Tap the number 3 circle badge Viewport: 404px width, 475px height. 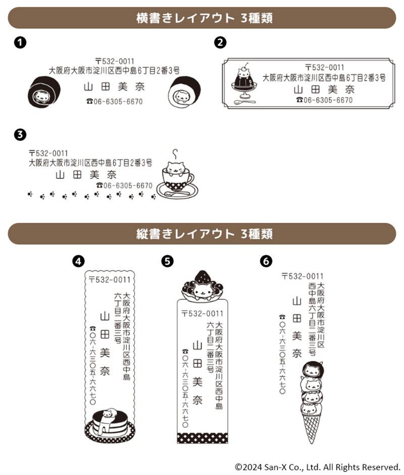20,134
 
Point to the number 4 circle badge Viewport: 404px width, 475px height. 78,261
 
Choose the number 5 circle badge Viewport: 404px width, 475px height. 167,261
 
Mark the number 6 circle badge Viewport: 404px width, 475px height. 266,261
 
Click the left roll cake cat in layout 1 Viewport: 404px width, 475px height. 43,92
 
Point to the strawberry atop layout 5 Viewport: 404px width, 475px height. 203,276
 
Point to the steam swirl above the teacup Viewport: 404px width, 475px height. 175,153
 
